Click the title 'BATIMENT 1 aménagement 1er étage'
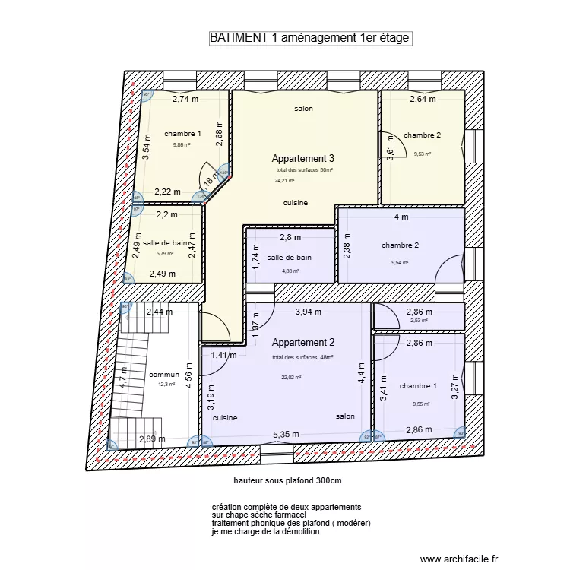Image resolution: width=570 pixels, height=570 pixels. (310, 39)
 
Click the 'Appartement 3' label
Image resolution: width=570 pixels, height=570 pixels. (303, 159)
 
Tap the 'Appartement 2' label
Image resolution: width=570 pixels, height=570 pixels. (303, 343)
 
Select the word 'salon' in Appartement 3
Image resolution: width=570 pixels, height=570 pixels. (304, 109)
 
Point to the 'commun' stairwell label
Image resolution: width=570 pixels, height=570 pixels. (164, 375)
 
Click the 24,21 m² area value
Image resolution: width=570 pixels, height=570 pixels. (283, 181)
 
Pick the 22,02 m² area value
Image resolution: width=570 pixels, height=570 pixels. (291, 377)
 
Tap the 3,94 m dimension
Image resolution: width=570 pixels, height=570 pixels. (309, 312)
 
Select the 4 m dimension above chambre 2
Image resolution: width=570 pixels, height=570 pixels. (401, 217)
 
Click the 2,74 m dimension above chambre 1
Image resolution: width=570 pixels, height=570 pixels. (185, 99)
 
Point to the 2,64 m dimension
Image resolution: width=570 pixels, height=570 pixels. (423, 99)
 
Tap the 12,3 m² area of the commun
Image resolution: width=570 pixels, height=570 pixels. (166, 385)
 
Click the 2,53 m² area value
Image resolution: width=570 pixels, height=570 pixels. (419, 321)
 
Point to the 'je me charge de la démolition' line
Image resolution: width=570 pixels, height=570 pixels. (266, 532)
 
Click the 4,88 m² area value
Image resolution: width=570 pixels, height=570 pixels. (290, 271)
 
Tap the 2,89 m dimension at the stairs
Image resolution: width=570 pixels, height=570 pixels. (152, 439)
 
